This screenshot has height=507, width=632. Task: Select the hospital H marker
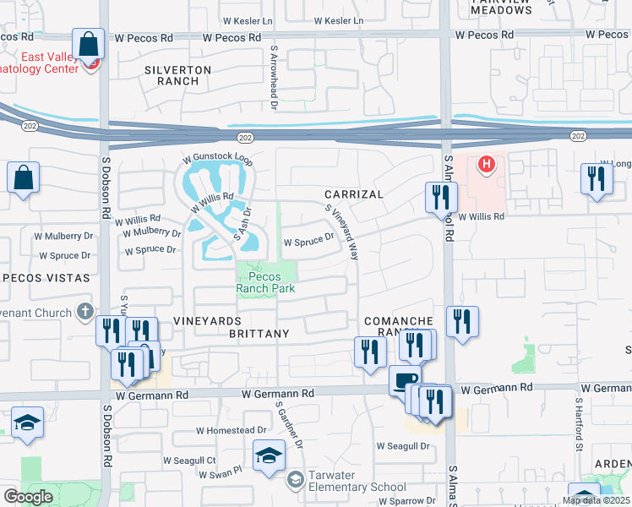(486, 164)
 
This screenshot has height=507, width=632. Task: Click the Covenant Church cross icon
(84, 313)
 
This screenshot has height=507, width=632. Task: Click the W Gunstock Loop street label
(218, 158)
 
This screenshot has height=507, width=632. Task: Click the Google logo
(29, 497)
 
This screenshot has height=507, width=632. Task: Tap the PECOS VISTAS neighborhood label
(46, 277)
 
